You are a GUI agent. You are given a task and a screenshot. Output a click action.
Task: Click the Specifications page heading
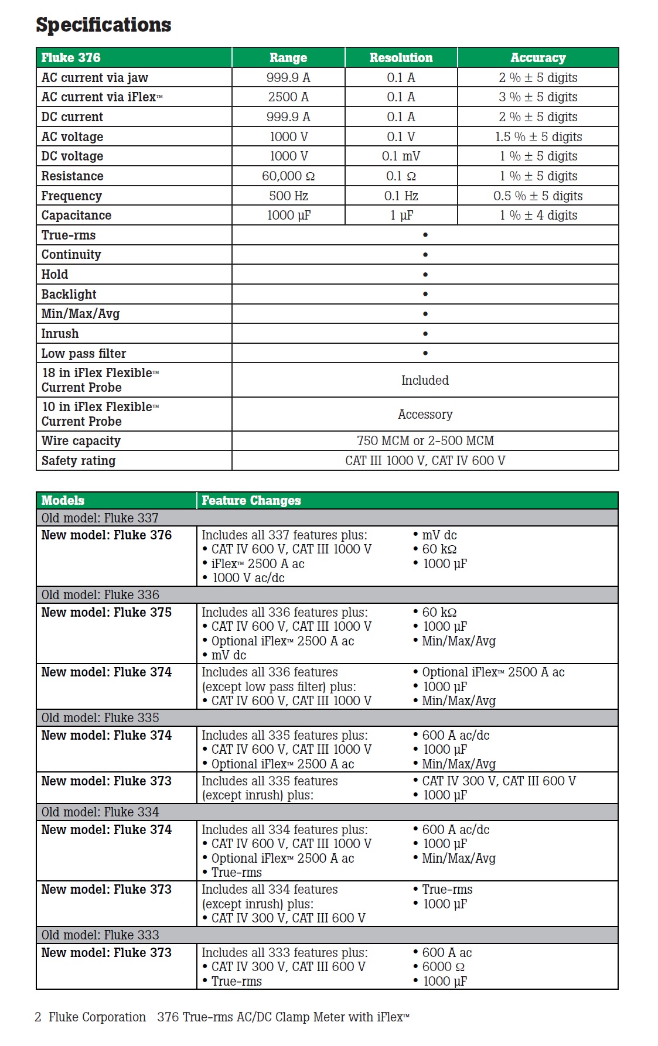click(104, 25)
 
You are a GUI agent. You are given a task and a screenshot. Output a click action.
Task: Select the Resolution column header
click(401, 57)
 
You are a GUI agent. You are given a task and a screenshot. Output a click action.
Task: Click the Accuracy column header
click(538, 57)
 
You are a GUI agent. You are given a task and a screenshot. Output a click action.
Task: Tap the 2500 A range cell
click(288, 97)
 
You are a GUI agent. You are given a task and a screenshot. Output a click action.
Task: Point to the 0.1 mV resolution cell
click(401, 156)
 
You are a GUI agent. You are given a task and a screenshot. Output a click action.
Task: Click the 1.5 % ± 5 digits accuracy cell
click(538, 137)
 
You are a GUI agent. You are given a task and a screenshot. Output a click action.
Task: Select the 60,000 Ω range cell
click(288, 176)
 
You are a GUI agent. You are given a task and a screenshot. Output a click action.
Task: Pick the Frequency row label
click(71, 196)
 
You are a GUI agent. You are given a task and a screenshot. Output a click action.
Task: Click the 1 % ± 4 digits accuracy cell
click(538, 216)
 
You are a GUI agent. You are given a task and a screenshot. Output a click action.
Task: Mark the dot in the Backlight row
click(425, 294)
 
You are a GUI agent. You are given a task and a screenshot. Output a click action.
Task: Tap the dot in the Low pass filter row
click(425, 353)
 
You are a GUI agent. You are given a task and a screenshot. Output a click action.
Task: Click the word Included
click(425, 381)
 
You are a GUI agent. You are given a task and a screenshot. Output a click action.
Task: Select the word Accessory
click(425, 415)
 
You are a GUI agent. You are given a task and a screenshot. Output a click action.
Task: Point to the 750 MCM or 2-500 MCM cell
click(425, 441)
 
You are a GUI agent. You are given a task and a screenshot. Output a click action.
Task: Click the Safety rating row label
click(79, 461)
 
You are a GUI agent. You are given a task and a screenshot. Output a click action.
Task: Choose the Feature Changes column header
click(251, 501)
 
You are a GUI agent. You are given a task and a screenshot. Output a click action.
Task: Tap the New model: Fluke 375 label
click(107, 613)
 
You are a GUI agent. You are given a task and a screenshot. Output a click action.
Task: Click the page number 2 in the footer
click(38, 1017)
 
